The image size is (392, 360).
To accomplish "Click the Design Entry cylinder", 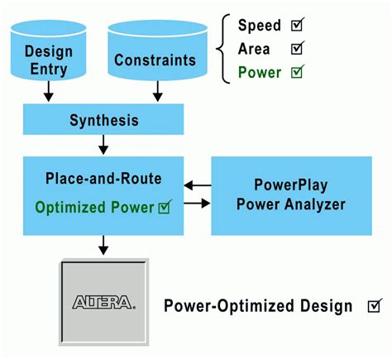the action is click(x=49, y=50).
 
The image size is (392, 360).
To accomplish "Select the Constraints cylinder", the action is click(x=157, y=50).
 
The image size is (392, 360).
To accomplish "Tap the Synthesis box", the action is click(x=103, y=119).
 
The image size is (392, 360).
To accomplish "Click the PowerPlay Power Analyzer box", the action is click(x=291, y=196).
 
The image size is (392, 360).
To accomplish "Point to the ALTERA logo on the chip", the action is click(x=104, y=302).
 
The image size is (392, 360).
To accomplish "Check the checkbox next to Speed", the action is click(x=298, y=24).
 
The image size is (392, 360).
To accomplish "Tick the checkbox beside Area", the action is click(x=298, y=48).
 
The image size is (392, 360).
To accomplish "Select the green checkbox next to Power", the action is click(x=298, y=72).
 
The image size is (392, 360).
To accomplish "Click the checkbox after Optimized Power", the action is click(x=165, y=207).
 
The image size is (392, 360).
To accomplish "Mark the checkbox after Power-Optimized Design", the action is click(x=375, y=305).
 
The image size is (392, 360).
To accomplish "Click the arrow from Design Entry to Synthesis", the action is click(x=49, y=91).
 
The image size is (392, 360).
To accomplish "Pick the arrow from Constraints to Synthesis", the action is click(x=158, y=91).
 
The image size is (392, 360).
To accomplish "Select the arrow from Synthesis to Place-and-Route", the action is click(x=103, y=145).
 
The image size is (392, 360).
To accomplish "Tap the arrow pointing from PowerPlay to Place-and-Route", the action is click(x=198, y=185).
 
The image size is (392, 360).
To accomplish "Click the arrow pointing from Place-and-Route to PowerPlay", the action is click(x=198, y=204).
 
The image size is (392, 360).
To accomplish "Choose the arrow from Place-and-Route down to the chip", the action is click(x=103, y=245).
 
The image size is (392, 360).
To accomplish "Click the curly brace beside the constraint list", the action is click(x=223, y=49).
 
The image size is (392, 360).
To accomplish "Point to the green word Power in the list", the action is click(x=260, y=73).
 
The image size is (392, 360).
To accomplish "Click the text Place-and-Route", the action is click(x=103, y=179).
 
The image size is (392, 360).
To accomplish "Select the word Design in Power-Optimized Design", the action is click(x=327, y=306).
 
